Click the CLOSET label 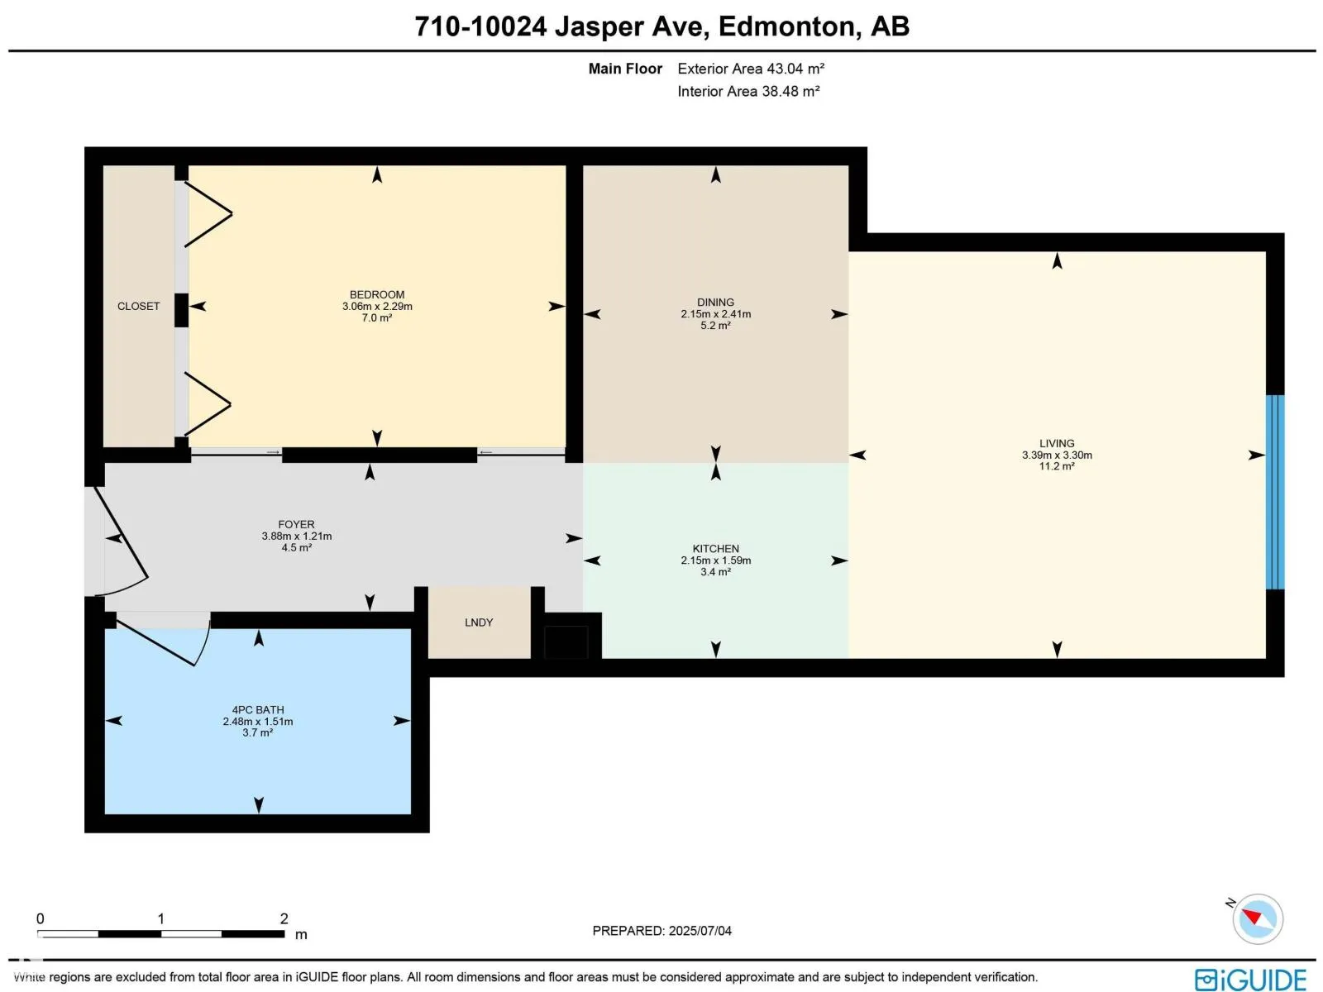(x=138, y=306)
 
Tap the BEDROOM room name (x=377, y=294)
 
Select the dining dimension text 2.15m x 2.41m (x=715, y=314)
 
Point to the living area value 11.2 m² (x=1057, y=466)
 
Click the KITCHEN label (x=715, y=549)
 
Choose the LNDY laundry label (x=479, y=622)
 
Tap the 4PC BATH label (x=257, y=710)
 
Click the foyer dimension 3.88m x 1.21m (x=296, y=536)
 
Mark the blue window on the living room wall (x=1275, y=492)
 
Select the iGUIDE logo (x=1250, y=980)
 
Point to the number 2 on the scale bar (x=284, y=918)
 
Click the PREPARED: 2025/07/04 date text (x=661, y=931)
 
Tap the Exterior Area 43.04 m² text (x=751, y=69)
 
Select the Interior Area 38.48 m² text (x=748, y=91)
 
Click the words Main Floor (x=625, y=69)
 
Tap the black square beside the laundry (x=566, y=642)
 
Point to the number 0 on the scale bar (x=40, y=918)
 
